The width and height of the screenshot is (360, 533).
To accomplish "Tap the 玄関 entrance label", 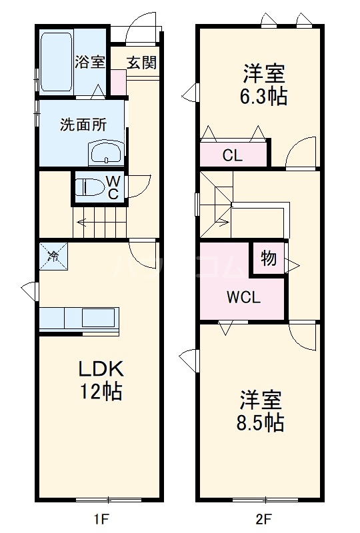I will coord(141,63).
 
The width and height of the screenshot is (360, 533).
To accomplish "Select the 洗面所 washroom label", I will coord(83,124).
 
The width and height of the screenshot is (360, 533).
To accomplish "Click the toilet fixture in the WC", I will coord(87,187).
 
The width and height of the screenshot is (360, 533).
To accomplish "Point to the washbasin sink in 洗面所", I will coord(105,155).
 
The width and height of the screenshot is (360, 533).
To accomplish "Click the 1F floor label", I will coord(99,517).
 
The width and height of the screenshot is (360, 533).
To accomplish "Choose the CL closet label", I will coord(232,156).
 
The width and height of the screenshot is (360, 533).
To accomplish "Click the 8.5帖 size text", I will coord(261,422).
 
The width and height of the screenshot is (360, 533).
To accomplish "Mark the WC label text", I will coord(113,187).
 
